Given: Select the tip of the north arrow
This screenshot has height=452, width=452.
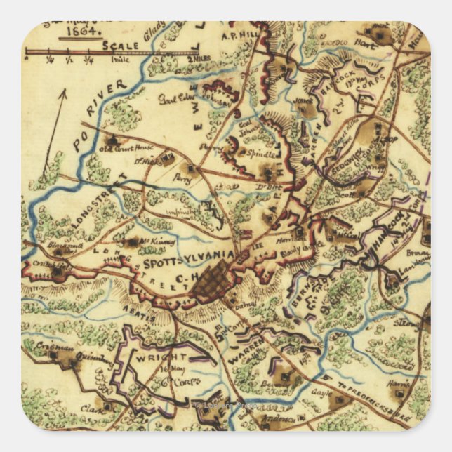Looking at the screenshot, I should coord(65,91).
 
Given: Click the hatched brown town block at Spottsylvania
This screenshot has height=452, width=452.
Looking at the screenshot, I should coord(213,284).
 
